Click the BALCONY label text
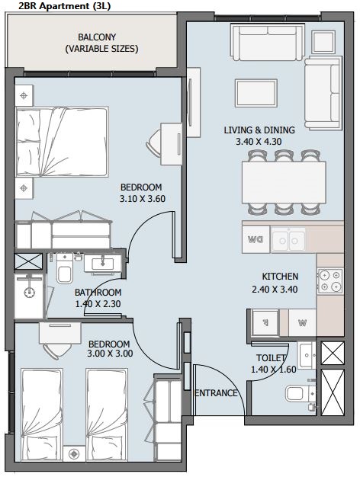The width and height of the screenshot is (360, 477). pos(97,37)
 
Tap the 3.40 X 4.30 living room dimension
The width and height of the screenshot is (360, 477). pos(259,142)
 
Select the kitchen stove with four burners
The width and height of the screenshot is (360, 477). pos(330,280)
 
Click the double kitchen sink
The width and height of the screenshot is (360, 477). pos(288,240)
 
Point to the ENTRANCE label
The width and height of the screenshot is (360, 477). pos(216,393)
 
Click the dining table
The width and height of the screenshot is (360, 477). pos(284,182)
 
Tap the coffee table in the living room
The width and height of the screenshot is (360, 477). pos(256,93)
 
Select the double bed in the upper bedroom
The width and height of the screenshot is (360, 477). pos(62,142)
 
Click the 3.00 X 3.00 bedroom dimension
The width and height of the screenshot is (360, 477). pos(110,354)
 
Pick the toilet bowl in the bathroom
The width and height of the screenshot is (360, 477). pos(65,271)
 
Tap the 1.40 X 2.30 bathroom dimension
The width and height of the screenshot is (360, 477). pos(98,303)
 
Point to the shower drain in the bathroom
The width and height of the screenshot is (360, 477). pos(30,293)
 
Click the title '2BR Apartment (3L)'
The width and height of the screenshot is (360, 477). pos(64,6)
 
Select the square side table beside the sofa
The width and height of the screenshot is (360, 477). pos(323,42)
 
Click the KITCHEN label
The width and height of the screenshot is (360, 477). pos(280,277)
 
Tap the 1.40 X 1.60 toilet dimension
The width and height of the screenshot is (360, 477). pos(274,370)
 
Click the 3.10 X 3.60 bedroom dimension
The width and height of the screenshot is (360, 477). pos(142,199)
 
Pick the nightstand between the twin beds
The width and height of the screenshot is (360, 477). pos(74,454)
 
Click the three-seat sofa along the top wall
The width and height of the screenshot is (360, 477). pos(268,42)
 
